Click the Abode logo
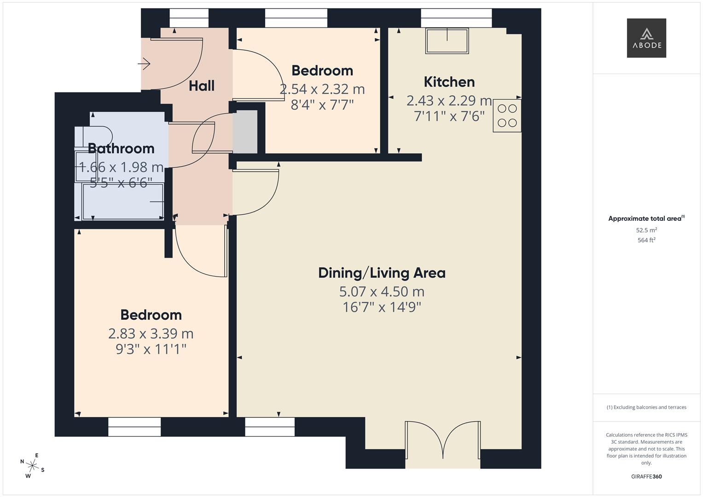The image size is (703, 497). tap(646, 38)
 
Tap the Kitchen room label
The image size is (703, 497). tap(449, 82)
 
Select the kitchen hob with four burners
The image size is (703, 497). tap(507, 116)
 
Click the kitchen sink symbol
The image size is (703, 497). tap(447, 41)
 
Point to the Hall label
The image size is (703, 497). tap(202, 86)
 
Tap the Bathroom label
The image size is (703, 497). tap(121, 148)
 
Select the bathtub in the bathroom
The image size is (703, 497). tap(122, 202)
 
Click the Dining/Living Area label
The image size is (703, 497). tap(382, 273)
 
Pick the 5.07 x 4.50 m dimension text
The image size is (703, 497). tap(382, 291)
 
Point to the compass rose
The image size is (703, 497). tap(32, 465)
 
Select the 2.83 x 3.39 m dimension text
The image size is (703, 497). tap(151, 333)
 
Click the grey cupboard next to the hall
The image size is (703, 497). tap(245, 132)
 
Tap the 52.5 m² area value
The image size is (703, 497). tap(646, 230)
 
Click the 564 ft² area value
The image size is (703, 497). tap(646, 240)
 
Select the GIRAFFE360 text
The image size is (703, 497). tap(646, 477)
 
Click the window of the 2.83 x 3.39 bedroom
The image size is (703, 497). tap(134, 427)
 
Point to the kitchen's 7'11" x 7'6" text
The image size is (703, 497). tap(449, 116)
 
